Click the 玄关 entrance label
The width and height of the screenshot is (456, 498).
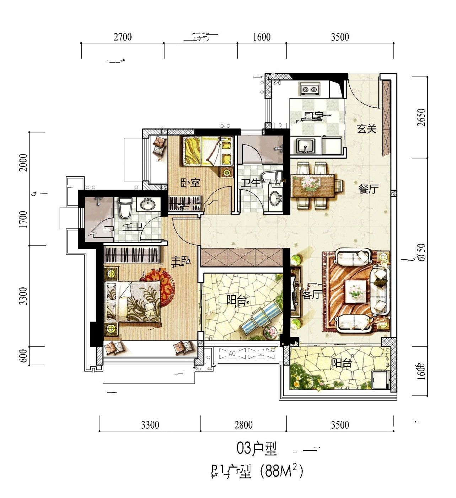click(x=366, y=129)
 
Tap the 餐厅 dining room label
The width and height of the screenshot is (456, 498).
click(x=368, y=189)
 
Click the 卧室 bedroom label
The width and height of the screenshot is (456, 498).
click(x=191, y=183)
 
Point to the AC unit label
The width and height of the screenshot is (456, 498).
click(x=232, y=354)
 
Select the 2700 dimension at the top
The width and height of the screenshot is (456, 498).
click(x=123, y=37)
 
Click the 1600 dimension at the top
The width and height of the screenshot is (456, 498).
click(x=262, y=37)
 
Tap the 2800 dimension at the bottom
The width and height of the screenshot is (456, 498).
click(x=243, y=425)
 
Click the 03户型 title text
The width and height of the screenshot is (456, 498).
click(x=257, y=449)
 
